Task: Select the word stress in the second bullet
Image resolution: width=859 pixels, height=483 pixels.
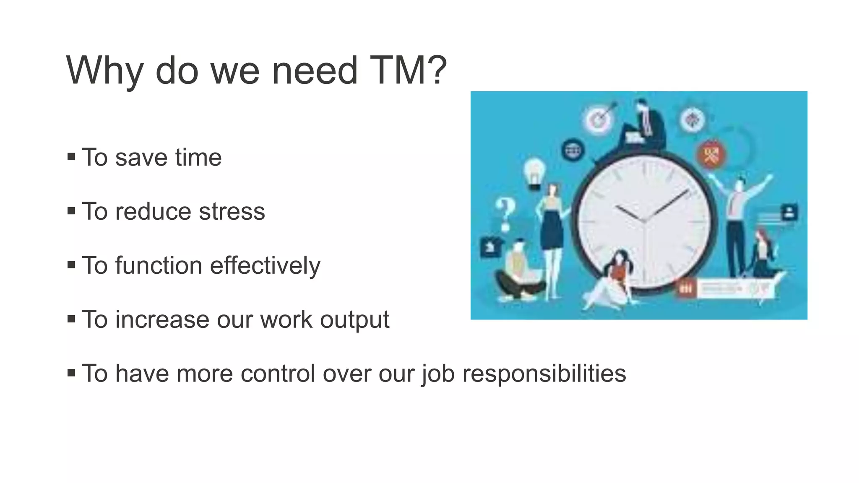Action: click(x=232, y=211)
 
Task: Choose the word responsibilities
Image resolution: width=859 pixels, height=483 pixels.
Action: click(x=544, y=374)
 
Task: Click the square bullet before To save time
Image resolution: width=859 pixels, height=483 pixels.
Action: click(x=71, y=157)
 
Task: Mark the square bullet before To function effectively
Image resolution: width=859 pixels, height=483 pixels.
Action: click(x=71, y=265)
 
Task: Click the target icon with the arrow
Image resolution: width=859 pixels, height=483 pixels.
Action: click(x=599, y=119)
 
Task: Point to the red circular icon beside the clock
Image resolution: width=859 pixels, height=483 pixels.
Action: click(x=711, y=155)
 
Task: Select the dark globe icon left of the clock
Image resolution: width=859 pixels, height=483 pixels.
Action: click(x=573, y=150)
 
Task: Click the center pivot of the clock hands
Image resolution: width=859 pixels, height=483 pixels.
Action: click(x=644, y=220)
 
